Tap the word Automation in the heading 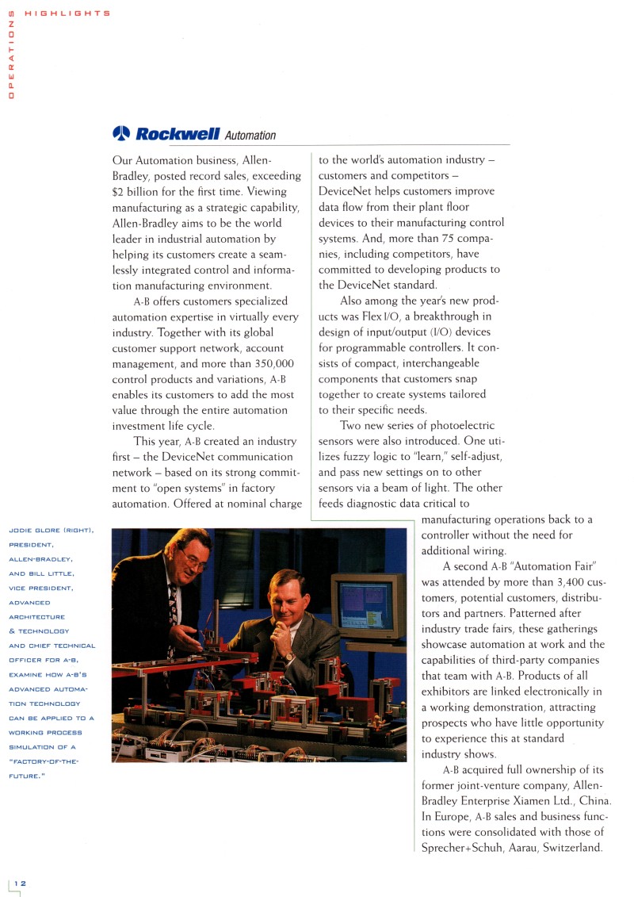point(250,136)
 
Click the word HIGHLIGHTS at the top point(67,13)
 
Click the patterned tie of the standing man point(174,603)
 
